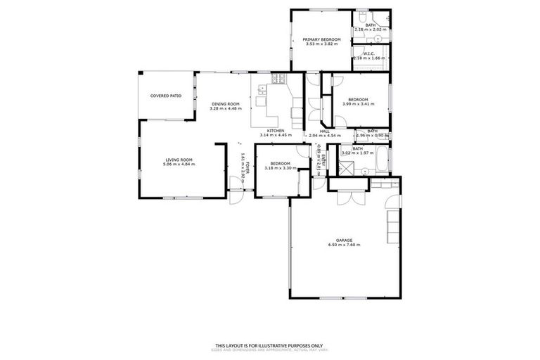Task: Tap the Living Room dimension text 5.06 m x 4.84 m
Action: pyautogui.click(x=179, y=164)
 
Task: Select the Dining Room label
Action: pyautogui.click(x=226, y=104)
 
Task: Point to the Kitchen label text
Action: pyautogui.click(x=276, y=131)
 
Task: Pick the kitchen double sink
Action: pyautogui.click(x=262, y=89)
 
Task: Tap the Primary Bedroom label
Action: pyautogui.click(x=321, y=39)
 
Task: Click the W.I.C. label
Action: pyautogui.click(x=371, y=53)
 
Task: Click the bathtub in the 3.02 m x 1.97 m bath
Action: pyautogui.click(x=380, y=160)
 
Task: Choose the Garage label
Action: pyautogui.click(x=344, y=240)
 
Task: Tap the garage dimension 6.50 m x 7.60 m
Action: pyautogui.click(x=344, y=245)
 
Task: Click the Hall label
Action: pyautogui.click(x=325, y=131)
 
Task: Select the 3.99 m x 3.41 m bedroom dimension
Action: pyautogui.click(x=359, y=104)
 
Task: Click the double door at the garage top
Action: pyautogui.click(x=347, y=196)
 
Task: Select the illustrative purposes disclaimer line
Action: pyautogui.click(x=269, y=345)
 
